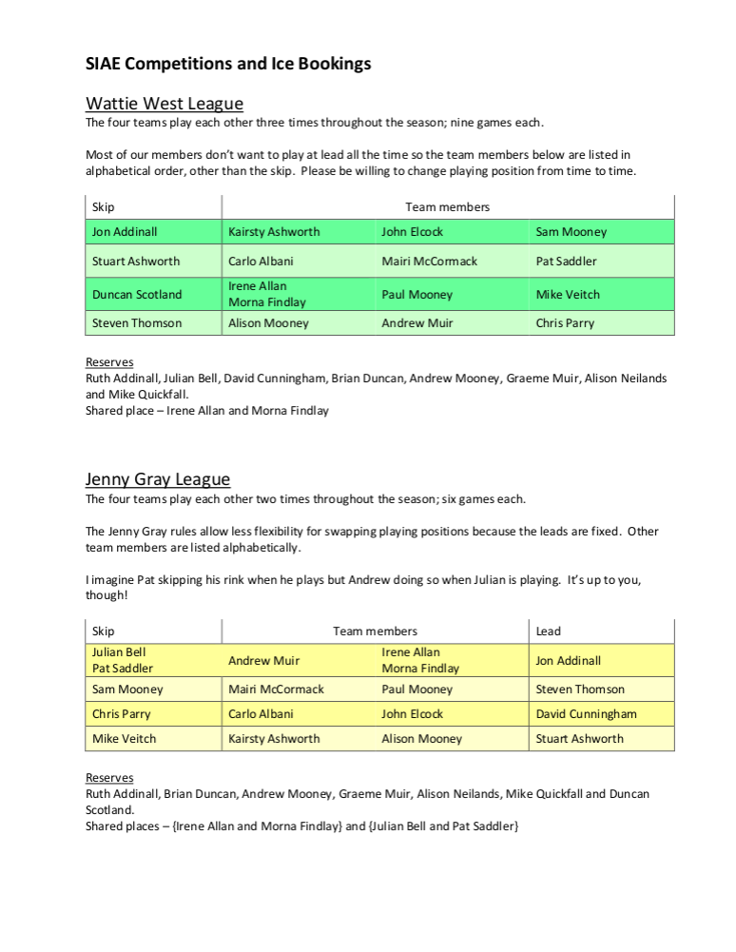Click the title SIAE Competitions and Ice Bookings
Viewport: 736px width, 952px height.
228,65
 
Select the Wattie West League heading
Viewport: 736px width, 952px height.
165,104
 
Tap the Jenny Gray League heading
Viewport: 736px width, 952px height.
158,479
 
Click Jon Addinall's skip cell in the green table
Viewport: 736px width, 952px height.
125,232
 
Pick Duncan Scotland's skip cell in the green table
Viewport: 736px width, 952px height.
137,295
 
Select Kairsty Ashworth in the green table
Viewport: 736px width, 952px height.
274,232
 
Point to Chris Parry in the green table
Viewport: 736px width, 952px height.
565,323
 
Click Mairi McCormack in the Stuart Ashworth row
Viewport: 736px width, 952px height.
430,262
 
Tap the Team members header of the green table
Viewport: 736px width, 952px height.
447,207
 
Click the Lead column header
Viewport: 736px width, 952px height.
549,631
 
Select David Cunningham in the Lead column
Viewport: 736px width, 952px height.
586,714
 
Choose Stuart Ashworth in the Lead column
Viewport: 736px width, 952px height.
580,739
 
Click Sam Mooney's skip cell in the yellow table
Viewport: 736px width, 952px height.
127,690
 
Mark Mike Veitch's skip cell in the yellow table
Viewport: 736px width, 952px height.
125,739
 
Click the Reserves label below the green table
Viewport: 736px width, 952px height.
109,362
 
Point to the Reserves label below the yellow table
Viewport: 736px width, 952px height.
109,778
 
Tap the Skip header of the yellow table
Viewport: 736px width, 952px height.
103,631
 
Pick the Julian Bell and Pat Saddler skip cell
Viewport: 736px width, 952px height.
123,661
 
